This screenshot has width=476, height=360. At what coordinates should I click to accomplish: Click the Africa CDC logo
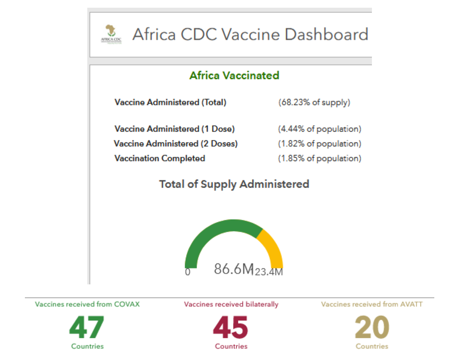(111, 34)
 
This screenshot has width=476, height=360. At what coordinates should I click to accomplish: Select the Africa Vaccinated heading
(234, 75)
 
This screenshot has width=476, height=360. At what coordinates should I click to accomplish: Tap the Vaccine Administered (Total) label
(170, 102)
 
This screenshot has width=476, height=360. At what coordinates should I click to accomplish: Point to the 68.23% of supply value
(314, 102)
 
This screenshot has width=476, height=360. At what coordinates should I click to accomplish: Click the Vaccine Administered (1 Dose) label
(175, 129)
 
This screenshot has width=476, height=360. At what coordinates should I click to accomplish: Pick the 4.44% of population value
(319, 129)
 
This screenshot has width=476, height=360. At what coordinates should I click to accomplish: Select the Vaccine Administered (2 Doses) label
(176, 144)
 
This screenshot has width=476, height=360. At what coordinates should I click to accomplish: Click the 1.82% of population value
(319, 144)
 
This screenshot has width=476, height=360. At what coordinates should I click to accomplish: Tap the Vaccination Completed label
(160, 158)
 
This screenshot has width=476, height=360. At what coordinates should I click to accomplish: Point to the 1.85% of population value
(319, 158)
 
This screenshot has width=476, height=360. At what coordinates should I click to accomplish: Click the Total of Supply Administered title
(234, 184)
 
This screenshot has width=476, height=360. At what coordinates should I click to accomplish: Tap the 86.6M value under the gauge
(233, 269)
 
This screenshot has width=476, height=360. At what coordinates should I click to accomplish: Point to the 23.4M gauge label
(269, 272)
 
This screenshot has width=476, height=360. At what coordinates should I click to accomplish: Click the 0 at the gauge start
(188, 272)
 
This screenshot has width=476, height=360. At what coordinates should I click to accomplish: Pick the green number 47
(87, 327)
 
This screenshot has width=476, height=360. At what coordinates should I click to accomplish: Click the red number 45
(231, 327)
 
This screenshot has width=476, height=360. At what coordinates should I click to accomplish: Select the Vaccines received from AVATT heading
(372, 304)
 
